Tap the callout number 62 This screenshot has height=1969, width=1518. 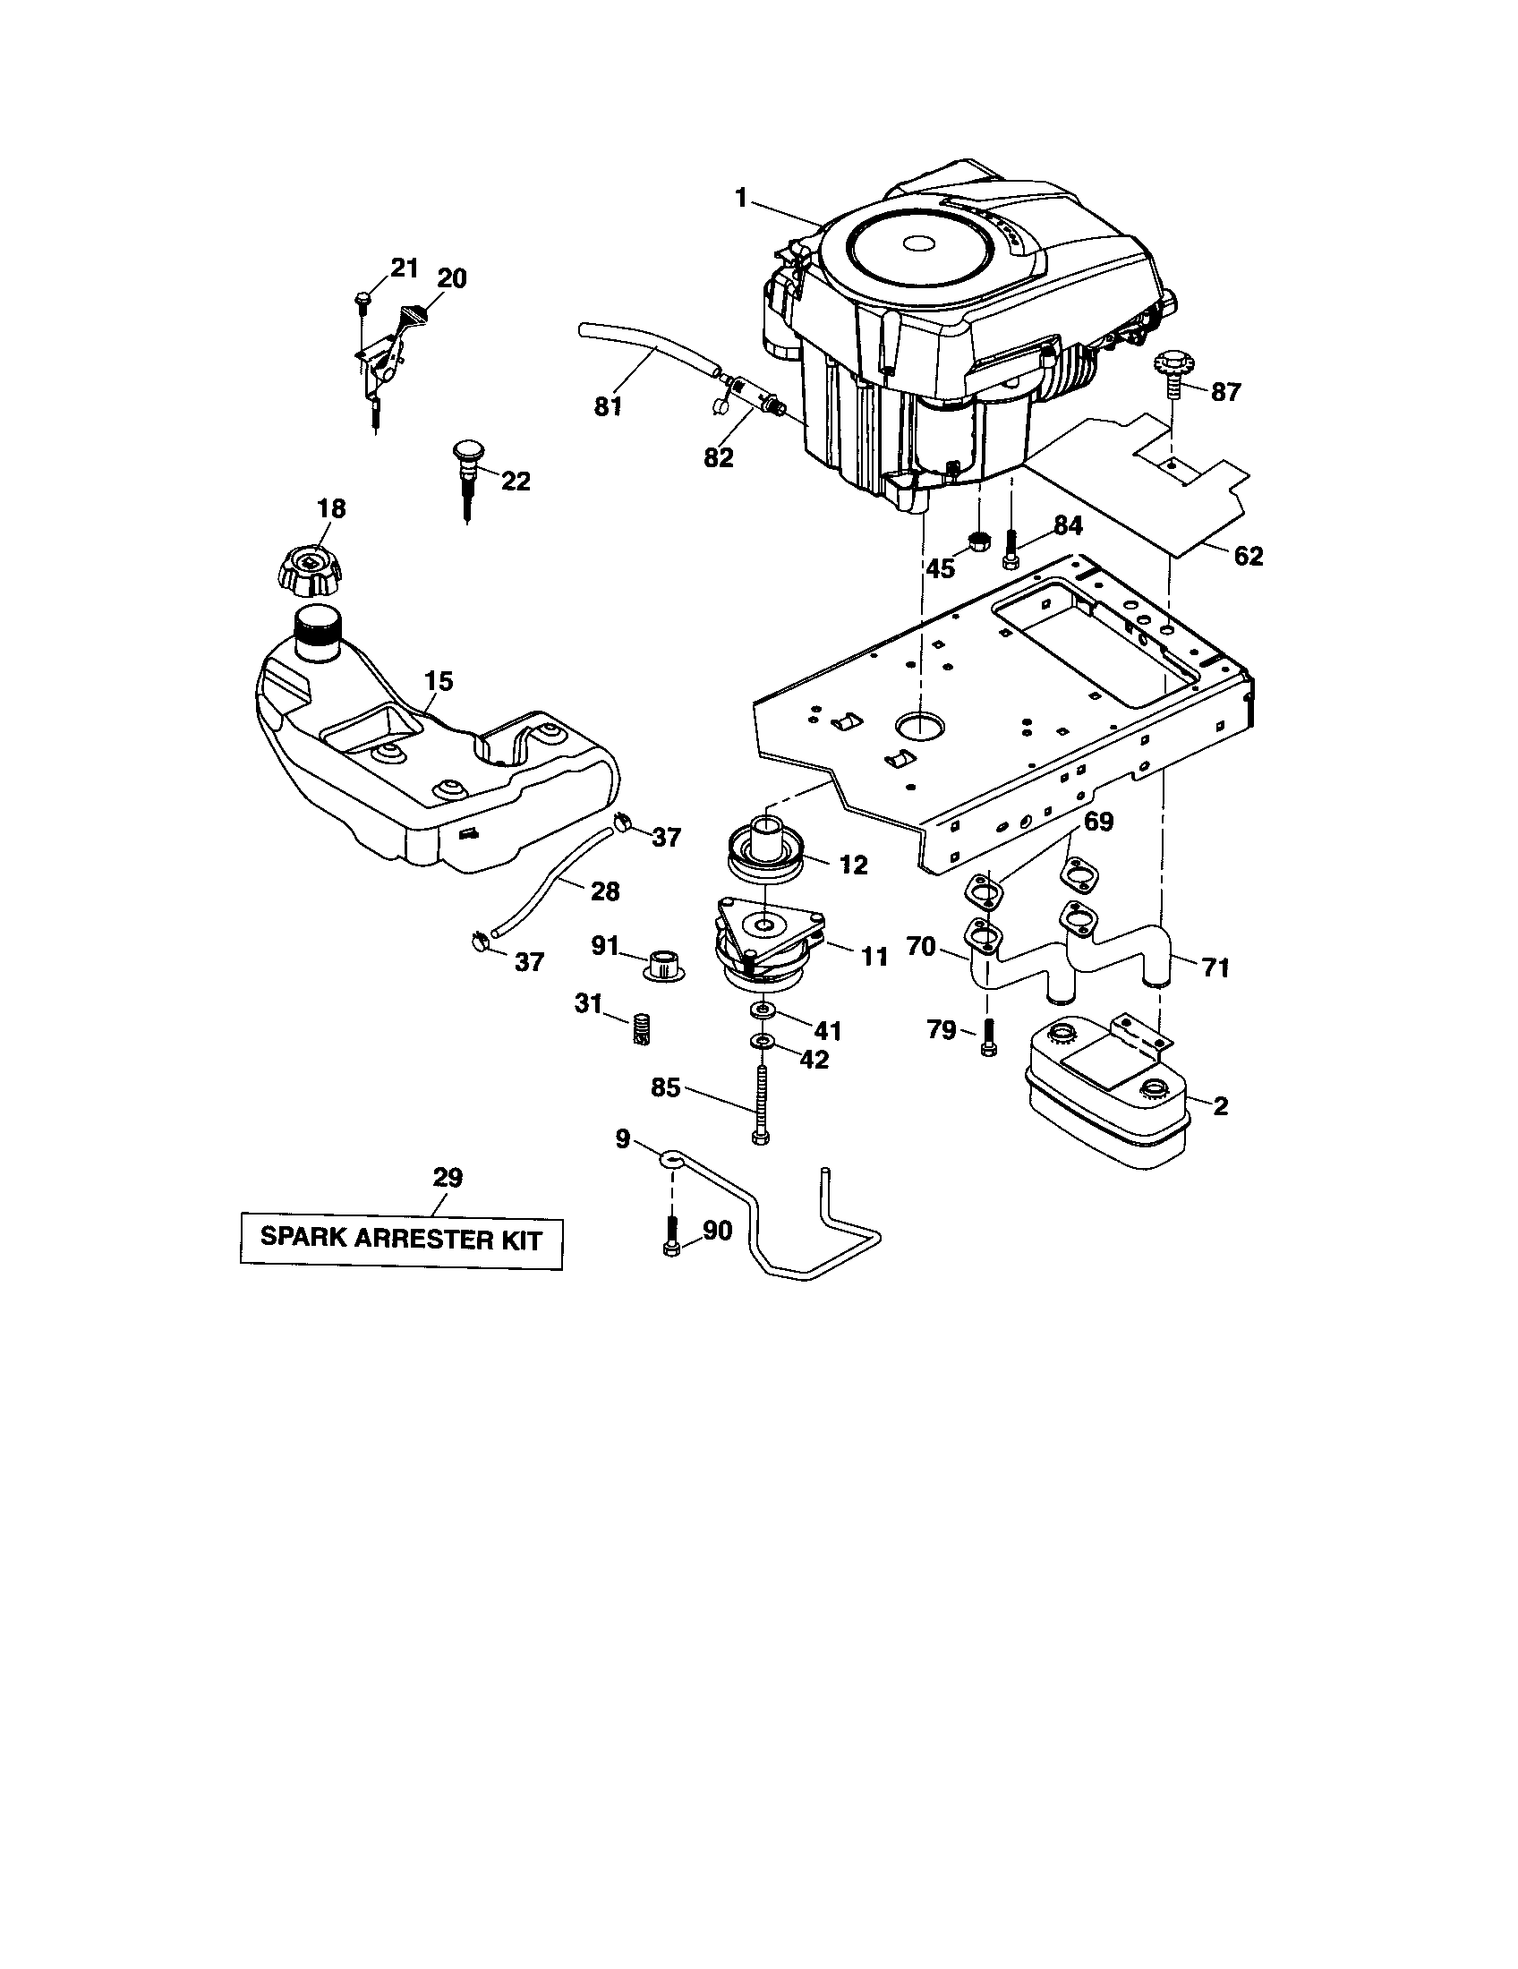[1248, 558]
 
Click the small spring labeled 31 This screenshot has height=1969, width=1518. [640, 1028]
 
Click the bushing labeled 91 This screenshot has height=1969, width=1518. [663, 964]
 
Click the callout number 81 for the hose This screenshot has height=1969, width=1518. [609, 406]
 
